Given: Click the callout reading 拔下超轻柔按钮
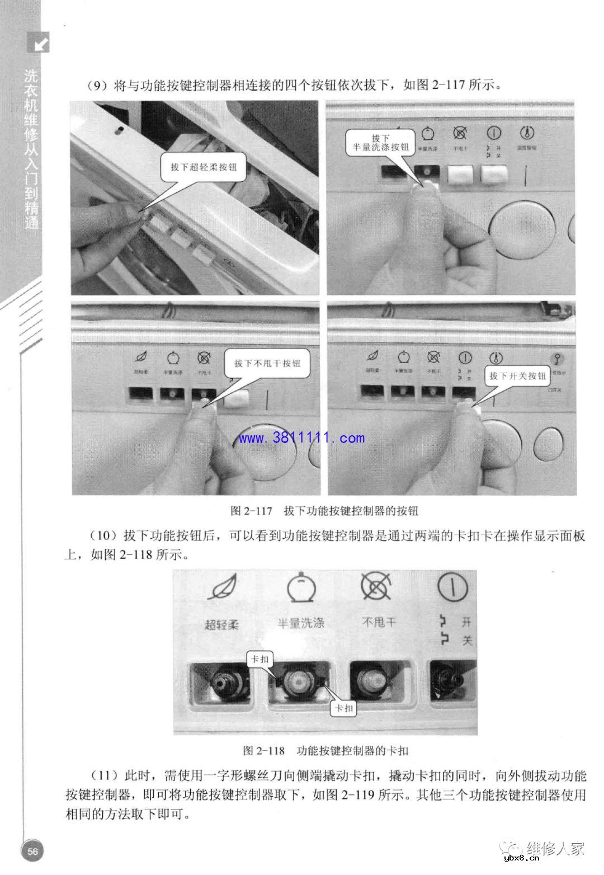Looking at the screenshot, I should click(x=204, y=167).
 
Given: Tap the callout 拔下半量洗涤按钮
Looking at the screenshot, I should click(x=377, y=143).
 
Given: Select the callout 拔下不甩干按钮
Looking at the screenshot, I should click(x=267, y=363).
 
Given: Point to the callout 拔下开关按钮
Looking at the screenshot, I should click(x=517, y=376).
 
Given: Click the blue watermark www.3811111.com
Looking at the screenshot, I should click(x=302, y=438).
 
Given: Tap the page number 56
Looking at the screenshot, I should click(x=32, y=852).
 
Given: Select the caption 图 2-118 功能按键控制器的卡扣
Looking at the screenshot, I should click(x=329, y=750).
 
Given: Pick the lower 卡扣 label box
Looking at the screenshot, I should click(x=343, y=708).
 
